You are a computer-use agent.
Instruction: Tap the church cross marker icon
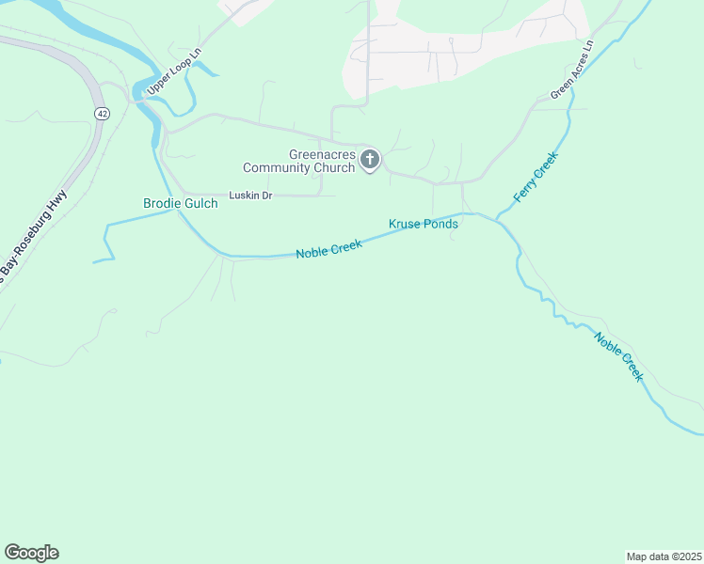pos(370,161)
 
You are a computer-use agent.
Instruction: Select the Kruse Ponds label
pos(424,224)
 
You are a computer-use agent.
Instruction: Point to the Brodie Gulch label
pos(180,203)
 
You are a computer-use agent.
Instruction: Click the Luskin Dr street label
pos(250,196)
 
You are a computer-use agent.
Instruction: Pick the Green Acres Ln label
pos(573,70)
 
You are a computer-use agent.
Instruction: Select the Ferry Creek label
pos(536,178)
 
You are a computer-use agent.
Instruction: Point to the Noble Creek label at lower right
pos(618,355)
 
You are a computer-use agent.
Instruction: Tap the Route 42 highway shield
pos(101,113)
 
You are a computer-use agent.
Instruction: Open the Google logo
pos(31,553)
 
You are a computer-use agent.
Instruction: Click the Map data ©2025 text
pos(664,556)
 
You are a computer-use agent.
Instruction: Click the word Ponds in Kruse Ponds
pos(440,224)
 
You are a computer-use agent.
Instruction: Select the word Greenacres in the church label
pos(322,154)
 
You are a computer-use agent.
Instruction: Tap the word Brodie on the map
pos(161,203)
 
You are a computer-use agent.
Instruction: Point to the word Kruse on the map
pos(405,224)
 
